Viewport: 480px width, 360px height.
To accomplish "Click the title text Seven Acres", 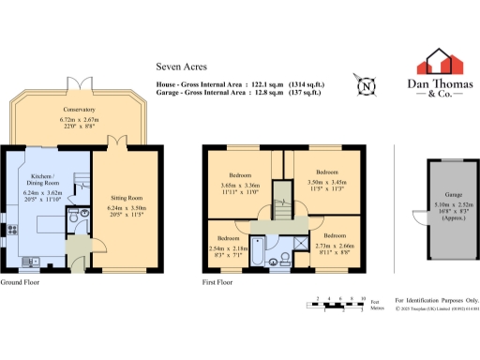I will tap(178, 67).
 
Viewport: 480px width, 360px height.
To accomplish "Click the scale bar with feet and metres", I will tap(337, 303).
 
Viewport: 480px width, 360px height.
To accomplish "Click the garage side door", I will tap(418, 217).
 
